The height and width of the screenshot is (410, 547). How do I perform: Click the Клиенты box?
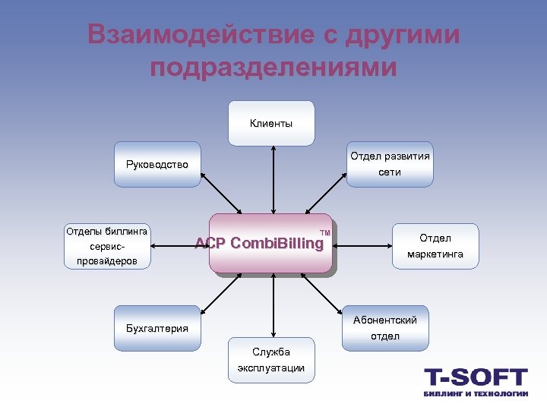(271, 123)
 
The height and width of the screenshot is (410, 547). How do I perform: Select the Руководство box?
(157, 164)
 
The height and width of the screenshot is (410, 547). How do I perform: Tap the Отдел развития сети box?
(390, 164)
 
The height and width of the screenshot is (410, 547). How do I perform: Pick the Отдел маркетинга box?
(435, 246)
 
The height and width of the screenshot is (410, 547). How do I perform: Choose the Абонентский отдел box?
(385, 328)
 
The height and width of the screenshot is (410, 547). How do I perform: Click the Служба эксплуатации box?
(271, 360)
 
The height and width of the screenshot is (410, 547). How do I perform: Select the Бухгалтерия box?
(157, 328)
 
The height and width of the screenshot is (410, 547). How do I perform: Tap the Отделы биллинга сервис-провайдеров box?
(107, 246)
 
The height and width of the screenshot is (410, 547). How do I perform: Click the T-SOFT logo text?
(476, 377)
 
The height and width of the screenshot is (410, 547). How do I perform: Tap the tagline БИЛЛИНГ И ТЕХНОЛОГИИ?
(476, 394)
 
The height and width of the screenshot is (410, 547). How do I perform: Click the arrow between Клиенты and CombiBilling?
(271, 179)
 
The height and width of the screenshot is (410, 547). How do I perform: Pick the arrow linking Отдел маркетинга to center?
(362, 246)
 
